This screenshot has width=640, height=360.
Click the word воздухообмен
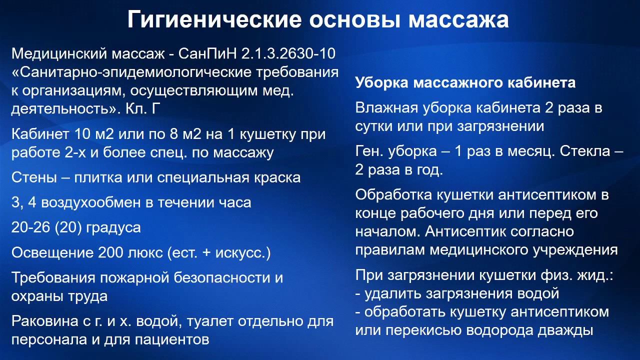point(106,202)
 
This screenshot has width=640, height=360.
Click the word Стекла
point(584,151)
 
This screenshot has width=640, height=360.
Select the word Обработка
point(395,195)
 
